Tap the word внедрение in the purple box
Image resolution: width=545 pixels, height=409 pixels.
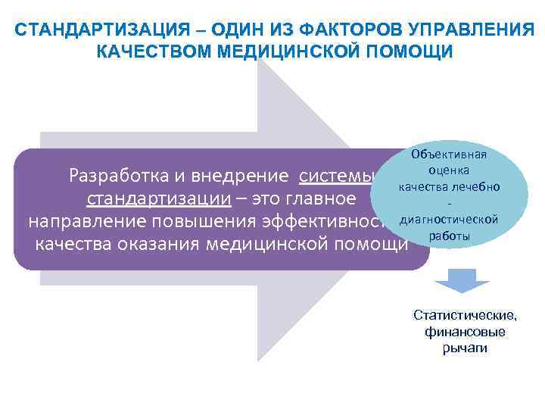point(243,176)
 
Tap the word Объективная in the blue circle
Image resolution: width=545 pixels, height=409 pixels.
point(449,155)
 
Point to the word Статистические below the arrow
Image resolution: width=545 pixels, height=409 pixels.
point(465,315)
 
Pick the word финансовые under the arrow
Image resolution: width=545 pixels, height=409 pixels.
point(465,332)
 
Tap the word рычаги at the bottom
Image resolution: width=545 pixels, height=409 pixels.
point(465,348)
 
